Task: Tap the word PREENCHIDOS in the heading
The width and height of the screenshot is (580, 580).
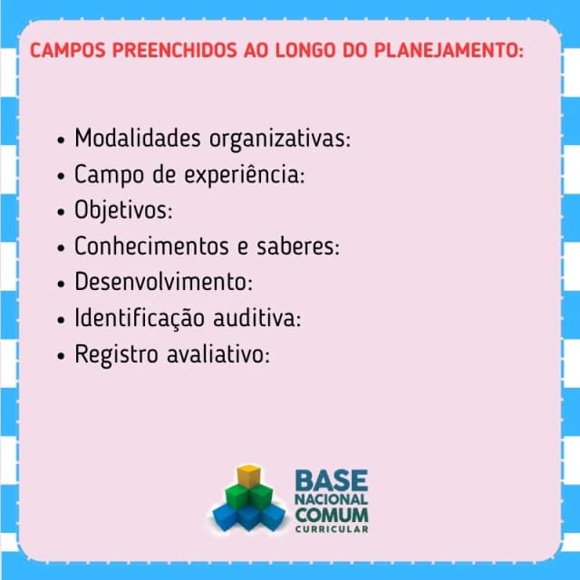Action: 174,51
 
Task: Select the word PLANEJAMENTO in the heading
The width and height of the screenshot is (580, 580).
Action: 449,51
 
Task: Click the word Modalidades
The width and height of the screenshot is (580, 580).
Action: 138,138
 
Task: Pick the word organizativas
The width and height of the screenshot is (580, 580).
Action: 280,140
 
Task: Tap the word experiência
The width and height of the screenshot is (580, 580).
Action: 245,176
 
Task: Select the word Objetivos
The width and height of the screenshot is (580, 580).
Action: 123,211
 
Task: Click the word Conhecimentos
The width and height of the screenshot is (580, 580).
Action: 151,246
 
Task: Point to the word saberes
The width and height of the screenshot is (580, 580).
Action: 298,246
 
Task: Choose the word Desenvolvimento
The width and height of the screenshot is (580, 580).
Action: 163,282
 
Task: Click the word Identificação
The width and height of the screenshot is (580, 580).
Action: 140,319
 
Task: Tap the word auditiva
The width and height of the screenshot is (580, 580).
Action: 257,318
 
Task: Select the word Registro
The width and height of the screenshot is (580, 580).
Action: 117,355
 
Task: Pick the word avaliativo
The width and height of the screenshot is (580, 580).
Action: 218,354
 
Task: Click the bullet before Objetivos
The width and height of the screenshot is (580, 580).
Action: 61,212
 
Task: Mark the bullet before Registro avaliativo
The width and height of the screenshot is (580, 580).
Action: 61,356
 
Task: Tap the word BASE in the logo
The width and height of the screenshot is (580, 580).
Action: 332,480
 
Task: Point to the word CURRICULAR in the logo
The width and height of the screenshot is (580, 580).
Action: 332,529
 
